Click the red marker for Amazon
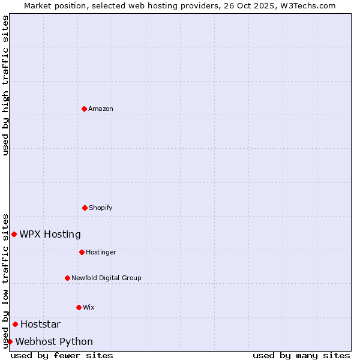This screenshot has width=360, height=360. pyautogui.click(x=84, y=109)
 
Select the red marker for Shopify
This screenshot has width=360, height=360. pyautogui.click(x=85, y=208)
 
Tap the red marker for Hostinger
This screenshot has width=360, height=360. pyautogui.click(x=82, y=252)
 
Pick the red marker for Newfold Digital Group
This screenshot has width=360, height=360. pyautogui.click(x=67, y=278)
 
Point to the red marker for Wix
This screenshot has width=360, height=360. pyautogui.click(x=79, y=307)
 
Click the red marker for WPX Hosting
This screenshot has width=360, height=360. pyautogui.click(x=14, y=234)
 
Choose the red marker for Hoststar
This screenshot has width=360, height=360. pyautogui.click(x=15, y=324)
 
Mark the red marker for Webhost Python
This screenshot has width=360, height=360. pyautogui.click(x=10, y=341)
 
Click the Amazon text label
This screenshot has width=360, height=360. pyautogui.click(x=101, y=109)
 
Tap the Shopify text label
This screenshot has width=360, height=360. pyautogui.click(x=101, y=208)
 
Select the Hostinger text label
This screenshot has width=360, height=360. pyautogui.click(x=101, y=252)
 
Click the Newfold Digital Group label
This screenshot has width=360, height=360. pyautogui.click(x=106, y=278)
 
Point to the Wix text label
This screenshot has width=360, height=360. pyautogui.click(x=89, y=307)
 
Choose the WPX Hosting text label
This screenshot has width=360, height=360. pyautogui.click(x=50, y=234)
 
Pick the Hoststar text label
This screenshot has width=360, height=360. pyautogui.click(x=40, y=324)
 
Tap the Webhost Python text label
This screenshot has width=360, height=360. pyautogui.click(x=54, y=341)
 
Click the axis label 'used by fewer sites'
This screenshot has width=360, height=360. pyautogui.click(x=62, y=355)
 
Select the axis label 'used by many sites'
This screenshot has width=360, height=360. pyautogui.click(x=301, y=355)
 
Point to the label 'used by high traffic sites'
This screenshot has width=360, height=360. pyautogui.click(x=5, y=85)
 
